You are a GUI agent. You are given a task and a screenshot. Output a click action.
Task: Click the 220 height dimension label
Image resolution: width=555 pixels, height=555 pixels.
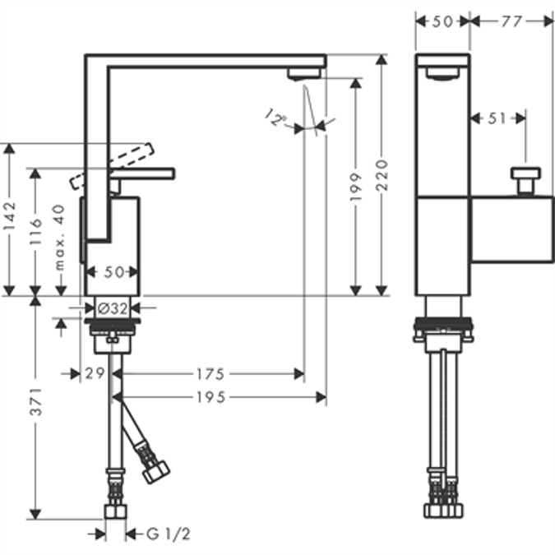coord(381,175)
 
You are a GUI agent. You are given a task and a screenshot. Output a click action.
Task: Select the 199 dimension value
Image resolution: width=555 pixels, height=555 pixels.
coord(356,187)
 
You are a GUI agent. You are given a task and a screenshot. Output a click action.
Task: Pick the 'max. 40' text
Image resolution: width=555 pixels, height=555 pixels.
coord(60,238)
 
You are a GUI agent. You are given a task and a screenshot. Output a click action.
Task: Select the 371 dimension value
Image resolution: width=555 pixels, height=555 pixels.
coord(35,406)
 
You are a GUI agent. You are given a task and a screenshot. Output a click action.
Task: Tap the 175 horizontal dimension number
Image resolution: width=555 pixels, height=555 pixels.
coord(210,374)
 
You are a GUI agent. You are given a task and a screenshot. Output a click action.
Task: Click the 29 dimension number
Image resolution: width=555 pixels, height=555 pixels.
coord(94,374)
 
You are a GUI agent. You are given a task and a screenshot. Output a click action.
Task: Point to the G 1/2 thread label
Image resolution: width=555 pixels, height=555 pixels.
coord(169,534)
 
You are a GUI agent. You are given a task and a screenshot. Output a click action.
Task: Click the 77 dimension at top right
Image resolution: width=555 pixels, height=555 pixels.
coord(511,21)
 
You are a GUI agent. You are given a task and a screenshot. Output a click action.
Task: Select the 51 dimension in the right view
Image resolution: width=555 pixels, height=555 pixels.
coord(497,118)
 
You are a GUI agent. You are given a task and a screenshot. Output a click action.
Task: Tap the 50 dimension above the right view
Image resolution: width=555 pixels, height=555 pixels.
coord(442,21)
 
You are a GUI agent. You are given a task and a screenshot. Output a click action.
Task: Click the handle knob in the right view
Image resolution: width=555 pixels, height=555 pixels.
coord(525,178)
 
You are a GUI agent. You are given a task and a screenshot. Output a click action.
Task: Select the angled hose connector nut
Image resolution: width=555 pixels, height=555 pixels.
coord(155,471)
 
